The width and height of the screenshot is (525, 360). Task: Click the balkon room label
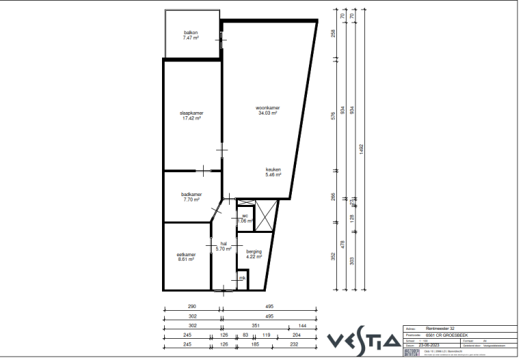(x=191, y=33)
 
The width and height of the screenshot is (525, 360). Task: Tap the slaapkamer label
(x=191, y=113)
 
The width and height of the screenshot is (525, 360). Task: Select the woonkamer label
(x=268, y=108)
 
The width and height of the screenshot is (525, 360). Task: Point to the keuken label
(x=273, y=170)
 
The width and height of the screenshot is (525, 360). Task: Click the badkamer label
(x=191, y=194)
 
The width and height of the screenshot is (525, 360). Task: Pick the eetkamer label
(x=187, y=255)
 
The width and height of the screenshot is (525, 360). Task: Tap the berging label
(x=254, y=252)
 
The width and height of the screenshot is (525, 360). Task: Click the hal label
(x=223, y=244)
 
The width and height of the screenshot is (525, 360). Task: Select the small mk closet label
(x=242, y=278)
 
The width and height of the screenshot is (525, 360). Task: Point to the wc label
(x=245, y=216)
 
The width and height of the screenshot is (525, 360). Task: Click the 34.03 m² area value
(x=268, y=113)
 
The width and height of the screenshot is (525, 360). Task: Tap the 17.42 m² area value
(x=191, y=118)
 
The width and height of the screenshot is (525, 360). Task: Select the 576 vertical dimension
(x=334, y=115)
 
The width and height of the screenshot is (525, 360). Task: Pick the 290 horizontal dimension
(x=193, y=307)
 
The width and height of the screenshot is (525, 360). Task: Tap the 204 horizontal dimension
(x=296, y=335)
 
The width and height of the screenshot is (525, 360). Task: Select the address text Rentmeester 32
(x=442, y=329)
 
